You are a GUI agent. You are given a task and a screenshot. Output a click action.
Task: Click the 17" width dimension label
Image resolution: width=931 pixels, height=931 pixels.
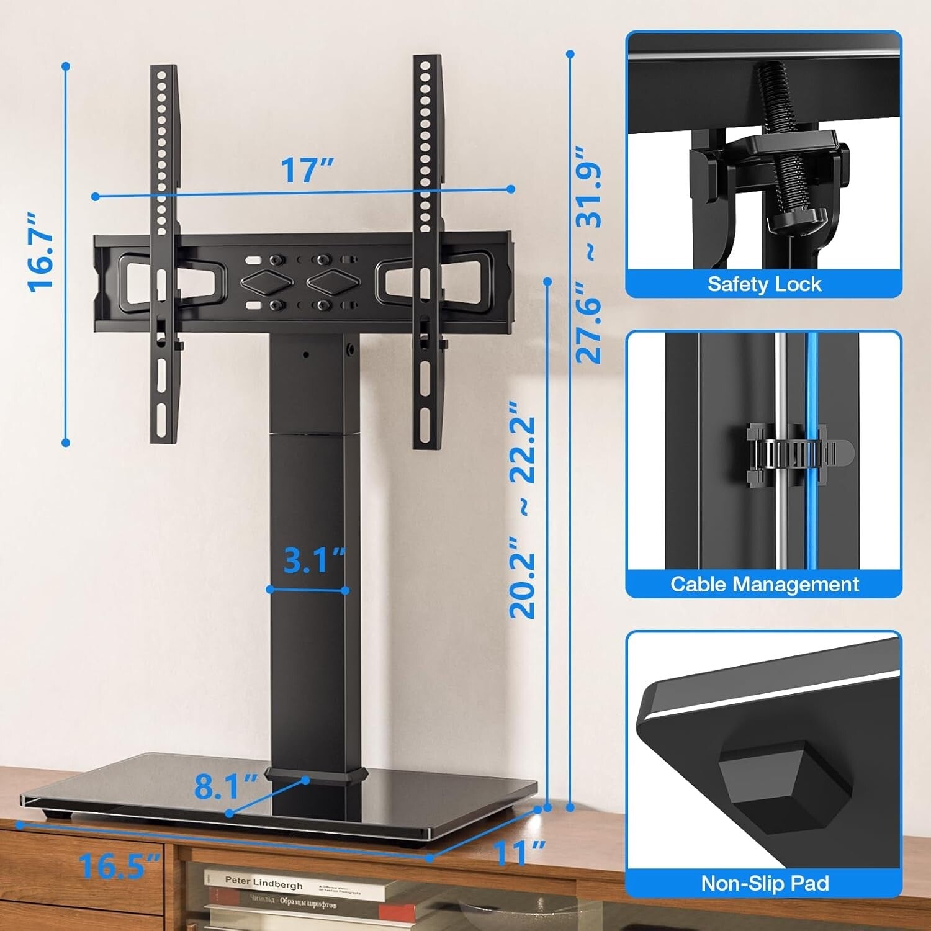coord(307,169)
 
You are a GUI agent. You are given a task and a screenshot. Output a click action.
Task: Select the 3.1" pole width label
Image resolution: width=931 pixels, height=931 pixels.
coord(313,560)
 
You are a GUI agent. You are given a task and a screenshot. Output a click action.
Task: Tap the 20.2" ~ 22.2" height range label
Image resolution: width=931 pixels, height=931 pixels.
coord(522,510)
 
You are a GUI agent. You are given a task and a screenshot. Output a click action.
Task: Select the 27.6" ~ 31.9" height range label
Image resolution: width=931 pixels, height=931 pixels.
coord(589,254)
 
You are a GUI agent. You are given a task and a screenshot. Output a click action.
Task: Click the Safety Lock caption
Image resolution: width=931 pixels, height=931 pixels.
coord(764,284)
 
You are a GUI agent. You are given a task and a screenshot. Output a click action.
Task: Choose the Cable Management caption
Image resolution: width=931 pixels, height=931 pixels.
coord(764,584)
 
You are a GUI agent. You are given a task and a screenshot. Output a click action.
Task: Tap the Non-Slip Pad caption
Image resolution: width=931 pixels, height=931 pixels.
coord(765,883)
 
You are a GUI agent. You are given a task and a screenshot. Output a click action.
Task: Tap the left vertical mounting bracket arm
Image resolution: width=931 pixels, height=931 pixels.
coord(164,248)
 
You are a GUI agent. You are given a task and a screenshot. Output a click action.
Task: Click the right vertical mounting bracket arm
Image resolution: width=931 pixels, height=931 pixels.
coord(427,248)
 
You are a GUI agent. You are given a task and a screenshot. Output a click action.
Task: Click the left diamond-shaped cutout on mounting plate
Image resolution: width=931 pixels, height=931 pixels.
coord(266,282)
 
